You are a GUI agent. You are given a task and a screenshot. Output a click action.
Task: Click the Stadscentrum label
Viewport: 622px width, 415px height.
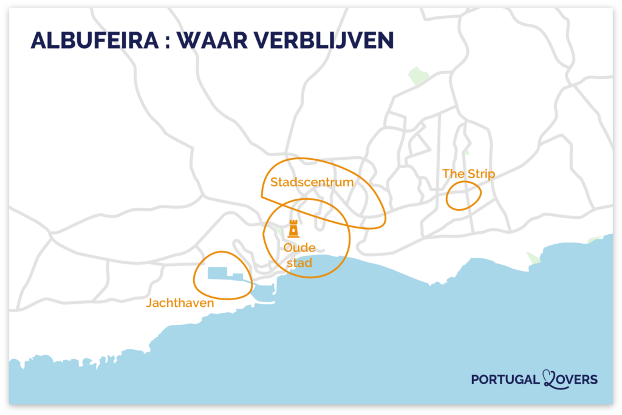(312, 182)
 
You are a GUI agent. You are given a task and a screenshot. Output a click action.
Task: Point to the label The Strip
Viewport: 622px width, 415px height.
(468, 174)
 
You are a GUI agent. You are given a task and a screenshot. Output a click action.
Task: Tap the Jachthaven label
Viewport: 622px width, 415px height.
(180, 303)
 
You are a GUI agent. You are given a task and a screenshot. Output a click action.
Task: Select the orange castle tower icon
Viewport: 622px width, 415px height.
(293, 229)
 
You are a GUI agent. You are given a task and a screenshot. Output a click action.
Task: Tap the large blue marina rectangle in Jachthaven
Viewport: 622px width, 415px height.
(218, 273)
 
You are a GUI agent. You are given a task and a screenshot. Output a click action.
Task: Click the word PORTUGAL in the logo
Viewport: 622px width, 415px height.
(505, 380)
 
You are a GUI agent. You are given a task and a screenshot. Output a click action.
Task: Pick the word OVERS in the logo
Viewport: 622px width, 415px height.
(578, 380)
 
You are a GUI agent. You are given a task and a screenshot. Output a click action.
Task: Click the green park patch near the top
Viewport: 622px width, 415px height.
(418, 76)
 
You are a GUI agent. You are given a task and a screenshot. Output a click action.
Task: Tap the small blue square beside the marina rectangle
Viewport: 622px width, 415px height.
(238, 277)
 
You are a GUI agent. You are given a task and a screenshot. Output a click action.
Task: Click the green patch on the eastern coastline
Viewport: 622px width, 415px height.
(533, 258)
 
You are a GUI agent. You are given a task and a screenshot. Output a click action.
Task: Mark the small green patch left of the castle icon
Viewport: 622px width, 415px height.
(277, 230)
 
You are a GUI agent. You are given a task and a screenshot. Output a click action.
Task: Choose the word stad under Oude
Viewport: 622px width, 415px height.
(299, 263)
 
